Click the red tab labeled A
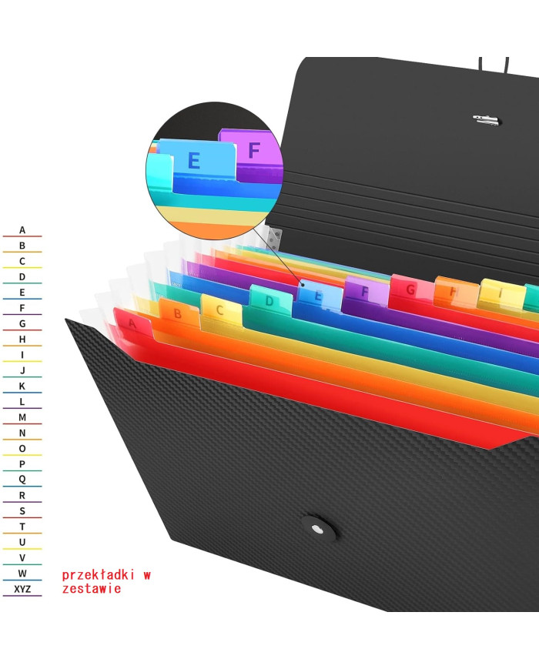pos(132,324)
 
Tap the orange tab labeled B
pos(179,314)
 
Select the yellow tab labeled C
pos(222,310)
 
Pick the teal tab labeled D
pos(270,301)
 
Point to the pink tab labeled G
pos(411,289)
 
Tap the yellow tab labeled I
pos(502,294)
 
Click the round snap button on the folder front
pos(317,529)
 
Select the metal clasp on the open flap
pos(486,120)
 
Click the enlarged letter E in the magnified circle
pos(194,161)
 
